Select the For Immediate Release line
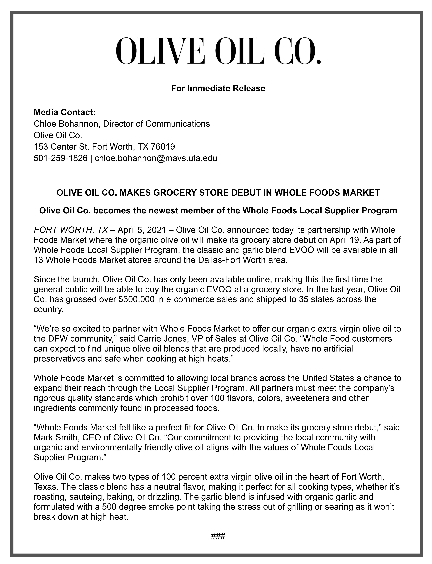point(218,88)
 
